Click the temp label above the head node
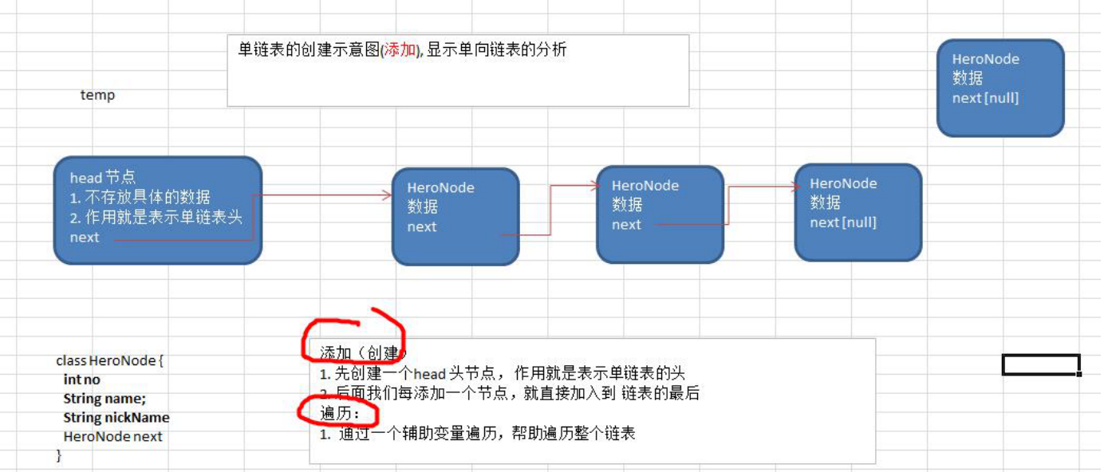pyautogui.click(x=97, y=96)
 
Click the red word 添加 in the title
pyautogui.click(x=400, y=50)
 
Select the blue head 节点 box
pyautogui.click(x=157, y=210)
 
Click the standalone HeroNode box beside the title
pyautogui.click(x=1000, y=88)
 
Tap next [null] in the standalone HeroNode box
pyautogui.click(x=985, y=98)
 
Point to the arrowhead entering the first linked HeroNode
pyautogui.click(x=387, y=195)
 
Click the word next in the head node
pyautogui.click(x=85, y=238)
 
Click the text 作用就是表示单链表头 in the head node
pyautogui.click(x=164, y=218)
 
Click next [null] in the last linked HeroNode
pyautogui.click(x=843, y=222)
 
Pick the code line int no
pyautogui.click(x=82, y=380)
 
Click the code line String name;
pyautogui.click(x=104, y=399)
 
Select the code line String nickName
pyautogui.click(x=116, y=418)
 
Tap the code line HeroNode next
pyautogui.click(x=112, y=437)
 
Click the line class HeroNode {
pyautogui.click(x=109, y=361)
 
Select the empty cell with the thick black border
pyautogui.click(x=1041, y=364)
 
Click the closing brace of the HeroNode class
pyautogui.click(x=58, y=455)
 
